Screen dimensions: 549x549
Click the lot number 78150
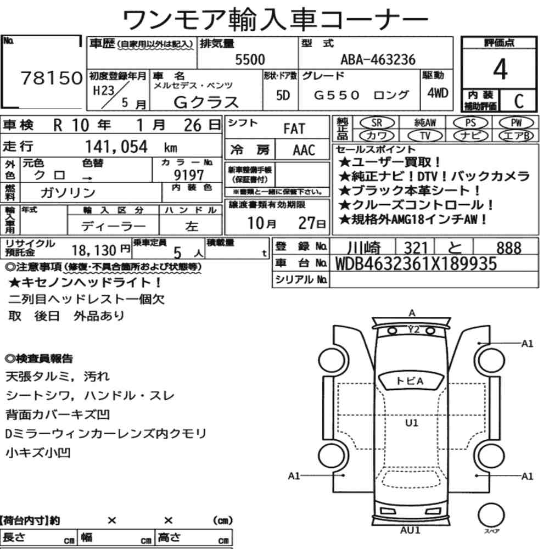[x=52, y=78]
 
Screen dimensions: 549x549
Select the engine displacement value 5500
[x=250, y=59]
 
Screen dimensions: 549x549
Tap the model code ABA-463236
[x=378, y=59]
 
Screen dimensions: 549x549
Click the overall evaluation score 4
[x=500, y=69]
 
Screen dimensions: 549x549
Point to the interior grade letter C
[x=519, y=101]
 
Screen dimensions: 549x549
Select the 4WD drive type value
[x=438, y=93]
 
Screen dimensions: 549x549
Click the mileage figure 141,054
[x=116, y=147]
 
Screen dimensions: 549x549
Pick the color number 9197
[x=189, y=175]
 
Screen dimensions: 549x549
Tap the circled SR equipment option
[x=377, y=123]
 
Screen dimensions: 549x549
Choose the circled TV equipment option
[x=425, y=136]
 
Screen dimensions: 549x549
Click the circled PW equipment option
[x=516, y=123]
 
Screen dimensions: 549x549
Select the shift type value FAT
[x=294, y=129]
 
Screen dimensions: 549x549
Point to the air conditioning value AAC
[x=304, y=150]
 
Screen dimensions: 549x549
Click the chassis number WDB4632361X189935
[x=416, y=264]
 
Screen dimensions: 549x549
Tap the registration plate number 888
[x=509, y=248]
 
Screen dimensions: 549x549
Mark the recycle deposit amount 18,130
[x=94, y=250]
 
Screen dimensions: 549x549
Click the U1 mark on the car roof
[x=412, y=423]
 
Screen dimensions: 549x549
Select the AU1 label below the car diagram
[x=410, y=530]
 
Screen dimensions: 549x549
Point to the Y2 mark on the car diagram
[x=413, y=329]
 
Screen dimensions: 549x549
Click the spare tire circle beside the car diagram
[x=491, y=515]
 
